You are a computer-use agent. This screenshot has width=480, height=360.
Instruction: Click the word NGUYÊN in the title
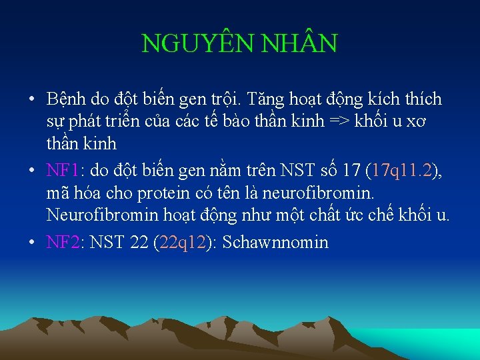[x=185, y=44]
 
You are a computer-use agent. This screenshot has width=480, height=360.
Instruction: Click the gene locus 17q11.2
[x=402, y=171]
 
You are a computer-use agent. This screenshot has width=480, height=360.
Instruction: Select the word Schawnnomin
[x=275, y=241]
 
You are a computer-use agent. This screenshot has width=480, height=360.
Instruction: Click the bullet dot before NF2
[x=32, y=241]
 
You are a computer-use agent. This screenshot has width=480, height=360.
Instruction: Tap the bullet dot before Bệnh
[x=32, y=100]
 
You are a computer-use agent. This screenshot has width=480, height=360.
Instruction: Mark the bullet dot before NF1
[x=32, y=171]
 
